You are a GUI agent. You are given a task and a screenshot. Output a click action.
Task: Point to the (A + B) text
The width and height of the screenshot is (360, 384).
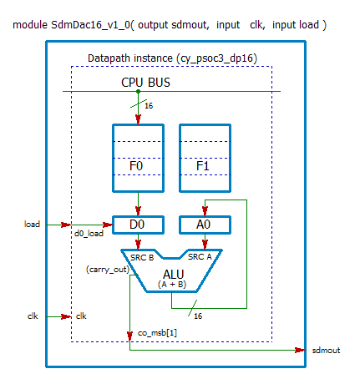click(173, 285)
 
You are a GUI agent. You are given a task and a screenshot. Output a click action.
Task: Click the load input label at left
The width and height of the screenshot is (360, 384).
click(32, 224)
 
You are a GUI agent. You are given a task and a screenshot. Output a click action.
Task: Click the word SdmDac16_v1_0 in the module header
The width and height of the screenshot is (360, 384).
click(84, 25)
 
